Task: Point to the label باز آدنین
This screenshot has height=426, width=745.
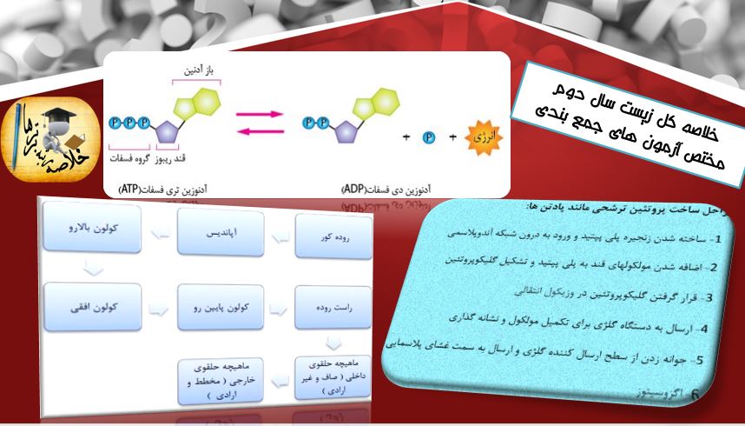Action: [x=198, y=70]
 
